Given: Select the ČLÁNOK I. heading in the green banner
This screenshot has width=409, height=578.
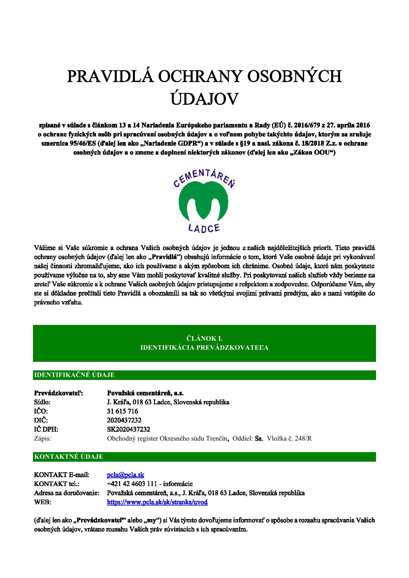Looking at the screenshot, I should [204, 338].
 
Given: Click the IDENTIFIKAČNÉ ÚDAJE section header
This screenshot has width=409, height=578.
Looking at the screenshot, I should [74, 375].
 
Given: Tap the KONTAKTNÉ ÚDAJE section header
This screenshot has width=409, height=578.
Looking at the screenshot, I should [69, 456].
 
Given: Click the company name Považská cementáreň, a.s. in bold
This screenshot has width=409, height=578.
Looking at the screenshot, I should [145, 393].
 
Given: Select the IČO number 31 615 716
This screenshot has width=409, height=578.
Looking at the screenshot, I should [122, 411].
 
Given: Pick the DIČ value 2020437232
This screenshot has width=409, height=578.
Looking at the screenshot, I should [124, 420].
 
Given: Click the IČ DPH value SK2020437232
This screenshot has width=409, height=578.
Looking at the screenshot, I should [128, 429].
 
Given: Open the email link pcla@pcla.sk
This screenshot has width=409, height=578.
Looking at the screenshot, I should [126, 475].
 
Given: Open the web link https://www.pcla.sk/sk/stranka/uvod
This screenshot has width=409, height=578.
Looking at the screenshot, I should [157, 502].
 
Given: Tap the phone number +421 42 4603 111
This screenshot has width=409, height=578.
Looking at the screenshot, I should [130, 484].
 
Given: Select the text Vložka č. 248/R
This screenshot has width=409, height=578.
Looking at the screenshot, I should [289, 438].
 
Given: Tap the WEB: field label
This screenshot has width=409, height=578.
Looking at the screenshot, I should [43, 502].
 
